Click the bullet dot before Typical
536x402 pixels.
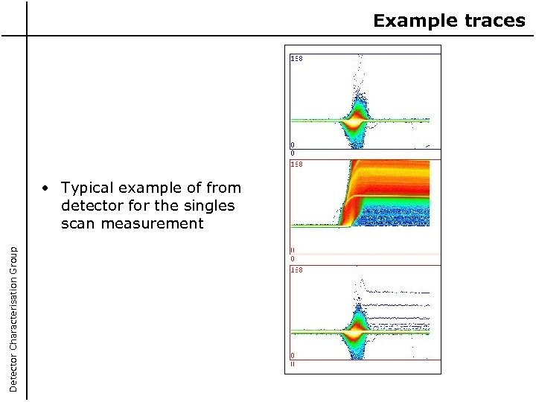click(x=46, y=188)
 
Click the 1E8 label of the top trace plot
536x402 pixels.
click(x=296, y=57)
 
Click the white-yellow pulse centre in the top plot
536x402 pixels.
click(x=357, y=119)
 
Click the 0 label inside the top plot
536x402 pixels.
click(x=293, y=145)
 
